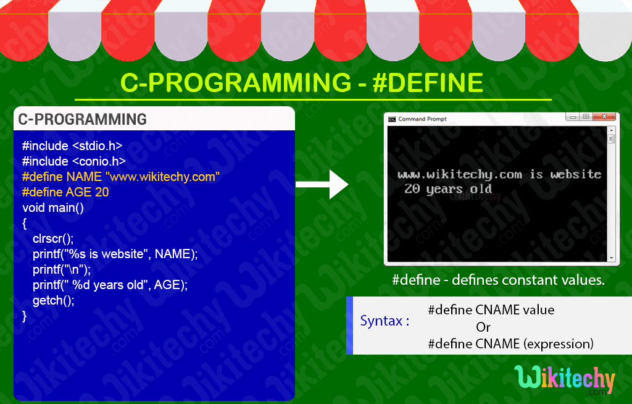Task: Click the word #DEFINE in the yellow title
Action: pos(428,82)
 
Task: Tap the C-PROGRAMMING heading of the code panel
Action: pos(83,119)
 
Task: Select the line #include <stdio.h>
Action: pos(72,146)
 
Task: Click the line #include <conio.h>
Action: pos(74,161)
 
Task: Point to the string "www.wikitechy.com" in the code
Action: pos(162,177)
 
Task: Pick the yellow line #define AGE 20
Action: pos(65,192)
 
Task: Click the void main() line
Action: pos(53,208)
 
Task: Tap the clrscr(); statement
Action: pos(53,238)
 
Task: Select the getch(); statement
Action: pos(54,300)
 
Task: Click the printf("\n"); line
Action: pos(62,269)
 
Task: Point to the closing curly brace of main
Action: pos(24,316)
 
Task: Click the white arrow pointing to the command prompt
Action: pos(322,185)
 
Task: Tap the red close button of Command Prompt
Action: pos(604,117)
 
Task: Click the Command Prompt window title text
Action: pos(422,119)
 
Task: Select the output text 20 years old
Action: pos(448,189)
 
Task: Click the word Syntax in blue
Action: pos(381,321)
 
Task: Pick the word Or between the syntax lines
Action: pos(483,327)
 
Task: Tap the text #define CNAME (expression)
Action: pos(510,344)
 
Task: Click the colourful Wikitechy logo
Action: pos(565,380)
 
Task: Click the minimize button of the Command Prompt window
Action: pos(572,117)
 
